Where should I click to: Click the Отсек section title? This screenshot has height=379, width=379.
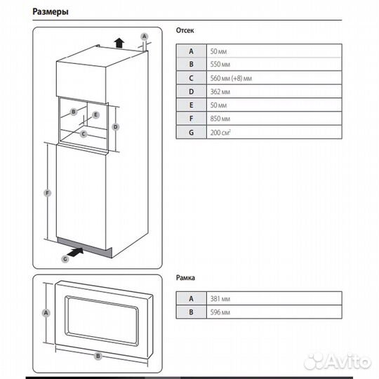(x=185, y=32)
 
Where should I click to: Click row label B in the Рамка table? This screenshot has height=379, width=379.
(x=191, y=311)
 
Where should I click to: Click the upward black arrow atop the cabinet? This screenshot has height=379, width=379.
(x=119, y=41)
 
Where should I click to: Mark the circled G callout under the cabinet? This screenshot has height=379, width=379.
(x=65, y=259)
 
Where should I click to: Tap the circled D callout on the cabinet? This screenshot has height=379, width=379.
(x=117, y=126)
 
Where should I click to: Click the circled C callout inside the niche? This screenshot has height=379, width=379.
(x=84, y=133)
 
